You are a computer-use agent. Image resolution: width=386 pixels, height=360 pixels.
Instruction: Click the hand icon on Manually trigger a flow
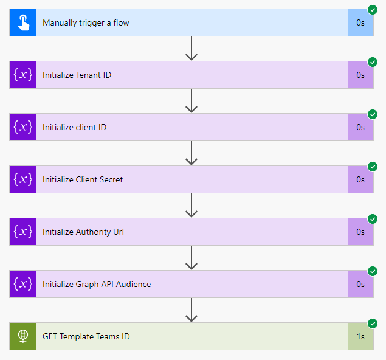click(x=23, y=23)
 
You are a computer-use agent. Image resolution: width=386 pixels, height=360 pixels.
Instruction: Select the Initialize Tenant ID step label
click(x=77, y=75)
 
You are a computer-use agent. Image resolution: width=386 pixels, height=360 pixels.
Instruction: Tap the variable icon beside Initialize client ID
click(x=23, y=128)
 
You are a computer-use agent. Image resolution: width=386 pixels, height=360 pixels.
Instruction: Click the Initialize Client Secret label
click(x=83, y=180)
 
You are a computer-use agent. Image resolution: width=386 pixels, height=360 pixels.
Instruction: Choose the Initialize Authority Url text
click(x=83, y=232)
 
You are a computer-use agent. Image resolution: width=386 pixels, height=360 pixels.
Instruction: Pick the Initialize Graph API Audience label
click(x=97, y=284)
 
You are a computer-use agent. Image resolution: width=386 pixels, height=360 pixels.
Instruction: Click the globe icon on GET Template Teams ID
click(x=23, y=336)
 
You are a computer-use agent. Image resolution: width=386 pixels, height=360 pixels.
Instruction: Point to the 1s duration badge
click(x=360, y=336)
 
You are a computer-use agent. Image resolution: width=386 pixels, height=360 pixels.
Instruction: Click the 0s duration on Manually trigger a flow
click(x=360, y=23)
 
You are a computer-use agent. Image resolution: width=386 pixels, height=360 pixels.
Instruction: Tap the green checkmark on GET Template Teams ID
click(x=373, y=323)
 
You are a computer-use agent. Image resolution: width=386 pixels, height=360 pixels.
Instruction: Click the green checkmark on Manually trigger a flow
click(x=373, y=10)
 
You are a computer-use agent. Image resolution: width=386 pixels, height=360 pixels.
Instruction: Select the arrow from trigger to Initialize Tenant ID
click(x=191, y=49)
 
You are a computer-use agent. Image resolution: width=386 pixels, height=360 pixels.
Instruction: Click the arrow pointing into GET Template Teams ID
click(x=191, y=310)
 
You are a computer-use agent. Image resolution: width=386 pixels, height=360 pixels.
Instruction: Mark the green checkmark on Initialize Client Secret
click(x=373, y=167)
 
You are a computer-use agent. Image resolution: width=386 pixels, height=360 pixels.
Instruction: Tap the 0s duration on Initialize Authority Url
click(x=360, y=232)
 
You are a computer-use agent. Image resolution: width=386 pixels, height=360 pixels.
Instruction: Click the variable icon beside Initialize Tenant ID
click(x=23, y=75)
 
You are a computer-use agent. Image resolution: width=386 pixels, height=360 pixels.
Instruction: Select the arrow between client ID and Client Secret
click(x=191, y=153)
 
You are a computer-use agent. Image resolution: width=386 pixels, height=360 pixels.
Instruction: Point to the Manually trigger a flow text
click(x=86, y=23)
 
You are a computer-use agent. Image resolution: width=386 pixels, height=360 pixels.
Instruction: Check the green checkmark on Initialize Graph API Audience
click(x=373, y=271)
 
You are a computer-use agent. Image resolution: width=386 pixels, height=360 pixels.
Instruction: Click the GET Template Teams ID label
click(x=86, y=336)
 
